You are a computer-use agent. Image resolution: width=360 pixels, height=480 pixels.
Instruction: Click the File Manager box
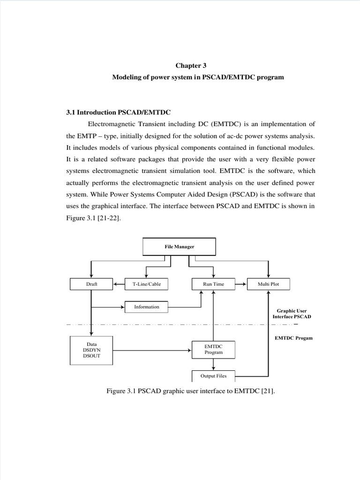[179, 247]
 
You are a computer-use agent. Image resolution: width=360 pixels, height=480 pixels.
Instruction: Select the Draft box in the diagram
[91, 284]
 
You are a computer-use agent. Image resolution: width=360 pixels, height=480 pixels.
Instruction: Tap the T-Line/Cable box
[146, 284]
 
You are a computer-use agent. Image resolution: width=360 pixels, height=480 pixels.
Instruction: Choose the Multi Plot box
[268, 284]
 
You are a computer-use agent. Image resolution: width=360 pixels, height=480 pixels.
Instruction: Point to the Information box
[146, 307]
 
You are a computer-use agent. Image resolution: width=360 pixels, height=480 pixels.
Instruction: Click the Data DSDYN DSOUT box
[91, 351]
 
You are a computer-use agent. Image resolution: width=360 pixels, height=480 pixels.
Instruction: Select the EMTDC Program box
[214, 350]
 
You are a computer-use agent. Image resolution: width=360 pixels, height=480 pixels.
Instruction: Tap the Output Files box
[214, 376]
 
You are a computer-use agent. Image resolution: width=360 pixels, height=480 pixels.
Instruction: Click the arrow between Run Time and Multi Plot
[241, 284]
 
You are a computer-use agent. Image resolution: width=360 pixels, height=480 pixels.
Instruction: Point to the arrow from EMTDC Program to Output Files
[214, 364]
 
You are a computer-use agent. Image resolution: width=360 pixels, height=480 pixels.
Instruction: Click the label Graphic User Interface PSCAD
[292, 314]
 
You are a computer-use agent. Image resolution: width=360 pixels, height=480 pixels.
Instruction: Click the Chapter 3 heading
[191, 66]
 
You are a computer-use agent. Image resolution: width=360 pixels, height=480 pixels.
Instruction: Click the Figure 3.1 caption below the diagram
[191, 391]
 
